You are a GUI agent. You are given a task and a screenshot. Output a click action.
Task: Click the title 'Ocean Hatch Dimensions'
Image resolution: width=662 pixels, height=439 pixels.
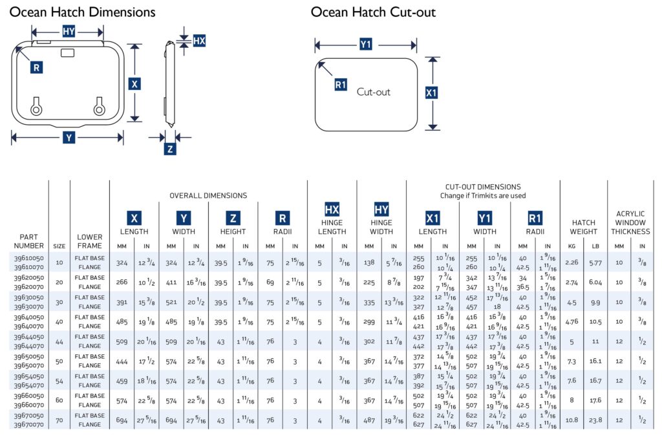(83, 12)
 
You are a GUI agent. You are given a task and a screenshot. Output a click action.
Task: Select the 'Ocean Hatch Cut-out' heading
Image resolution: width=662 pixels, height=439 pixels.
(373, 12)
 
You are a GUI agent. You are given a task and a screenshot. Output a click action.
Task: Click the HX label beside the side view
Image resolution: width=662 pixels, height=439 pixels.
(199, 41)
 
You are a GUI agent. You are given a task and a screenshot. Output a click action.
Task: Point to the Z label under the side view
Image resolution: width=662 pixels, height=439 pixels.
(170, 149)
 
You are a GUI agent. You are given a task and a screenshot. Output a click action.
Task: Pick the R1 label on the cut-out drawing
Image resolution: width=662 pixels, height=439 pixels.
(341, 85)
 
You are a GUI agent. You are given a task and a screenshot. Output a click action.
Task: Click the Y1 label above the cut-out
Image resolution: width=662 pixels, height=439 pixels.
(366, 44)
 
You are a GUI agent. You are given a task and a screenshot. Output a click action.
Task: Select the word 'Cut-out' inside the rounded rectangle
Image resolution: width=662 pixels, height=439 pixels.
(374, 92)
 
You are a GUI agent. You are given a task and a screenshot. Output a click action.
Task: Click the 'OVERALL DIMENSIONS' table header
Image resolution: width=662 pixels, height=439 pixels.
(208, 195)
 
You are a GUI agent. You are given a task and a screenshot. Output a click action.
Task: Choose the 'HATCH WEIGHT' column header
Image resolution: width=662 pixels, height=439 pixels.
(584, 227)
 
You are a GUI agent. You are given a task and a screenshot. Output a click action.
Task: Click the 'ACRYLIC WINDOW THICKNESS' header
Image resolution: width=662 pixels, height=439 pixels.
(630, 222)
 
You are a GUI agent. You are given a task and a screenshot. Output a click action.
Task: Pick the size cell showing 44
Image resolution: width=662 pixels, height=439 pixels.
(59, 342)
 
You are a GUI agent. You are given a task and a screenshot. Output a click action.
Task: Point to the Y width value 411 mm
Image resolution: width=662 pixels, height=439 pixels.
(171, 283)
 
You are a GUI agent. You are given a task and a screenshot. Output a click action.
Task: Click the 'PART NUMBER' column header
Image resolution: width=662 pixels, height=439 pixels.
(28, 241)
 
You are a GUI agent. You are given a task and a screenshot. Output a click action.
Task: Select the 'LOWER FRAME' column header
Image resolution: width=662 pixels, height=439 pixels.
(90, 241)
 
